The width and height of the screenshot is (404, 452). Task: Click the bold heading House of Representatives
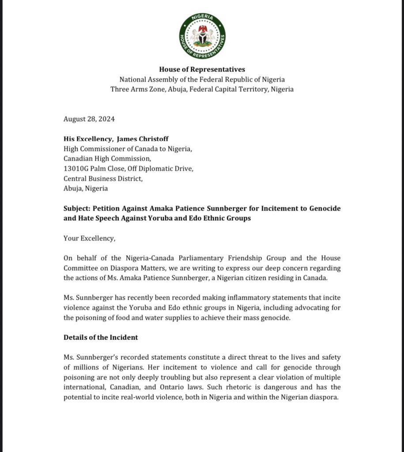(202, 69)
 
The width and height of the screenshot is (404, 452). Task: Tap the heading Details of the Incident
(101, 337)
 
